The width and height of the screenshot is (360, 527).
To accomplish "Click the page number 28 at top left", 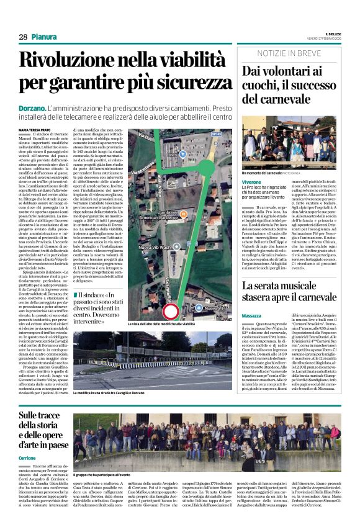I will click(23, 37).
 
